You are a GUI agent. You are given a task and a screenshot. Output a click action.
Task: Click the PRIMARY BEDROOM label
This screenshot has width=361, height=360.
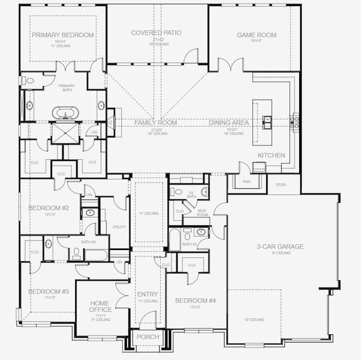click(x=63, y=35)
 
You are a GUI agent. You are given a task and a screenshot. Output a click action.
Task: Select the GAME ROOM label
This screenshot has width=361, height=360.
click(x=256, y=35)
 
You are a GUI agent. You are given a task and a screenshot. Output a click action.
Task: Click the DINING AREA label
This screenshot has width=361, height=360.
click(x=228, y=122)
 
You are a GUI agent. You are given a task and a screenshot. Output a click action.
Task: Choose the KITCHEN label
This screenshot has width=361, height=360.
click(x=271, y=155)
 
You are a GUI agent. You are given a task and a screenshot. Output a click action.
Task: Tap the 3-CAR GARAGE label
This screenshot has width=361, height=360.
click(x=280, y=246)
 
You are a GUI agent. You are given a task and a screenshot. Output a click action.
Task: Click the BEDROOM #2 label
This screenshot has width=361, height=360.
click(x=49, y=208)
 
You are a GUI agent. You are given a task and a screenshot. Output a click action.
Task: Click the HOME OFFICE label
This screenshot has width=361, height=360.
click(x=100, y=307)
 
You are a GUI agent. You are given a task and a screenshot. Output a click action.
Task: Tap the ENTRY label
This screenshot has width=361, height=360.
click(x=148, y=294)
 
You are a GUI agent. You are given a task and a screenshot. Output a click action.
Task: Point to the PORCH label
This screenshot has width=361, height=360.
click(x=148, y=337)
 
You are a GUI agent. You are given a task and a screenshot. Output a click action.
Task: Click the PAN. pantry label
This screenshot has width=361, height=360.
click(x=246, y=181)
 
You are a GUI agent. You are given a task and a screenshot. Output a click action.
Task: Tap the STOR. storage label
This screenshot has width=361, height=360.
click(x=281, y=185)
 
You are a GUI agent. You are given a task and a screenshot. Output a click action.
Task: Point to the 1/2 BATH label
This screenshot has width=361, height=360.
click(x=192, y=194)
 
